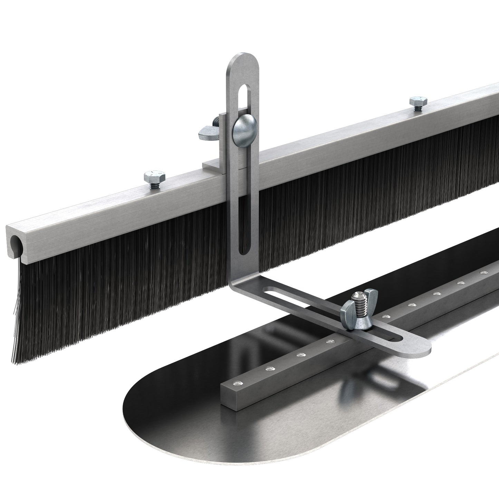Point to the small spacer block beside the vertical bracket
point(213,164)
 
